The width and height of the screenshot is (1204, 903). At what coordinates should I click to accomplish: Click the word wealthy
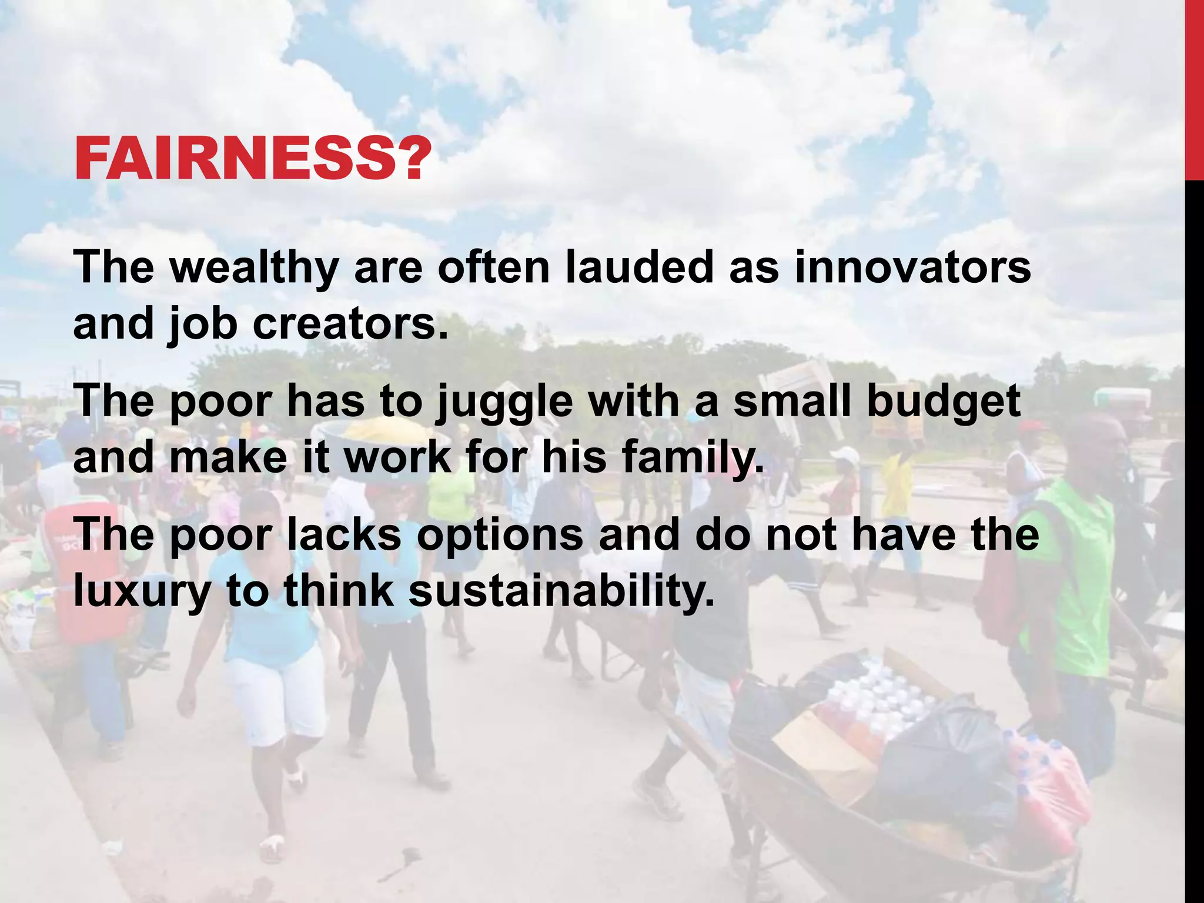(254, 268)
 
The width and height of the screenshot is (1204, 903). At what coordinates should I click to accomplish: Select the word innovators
(912, 268)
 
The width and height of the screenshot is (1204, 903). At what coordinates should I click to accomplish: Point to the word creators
(350, 325)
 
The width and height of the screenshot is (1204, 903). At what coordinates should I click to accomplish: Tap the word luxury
(142, 591)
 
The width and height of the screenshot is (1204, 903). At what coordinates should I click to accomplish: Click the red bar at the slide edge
(1194, 88)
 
